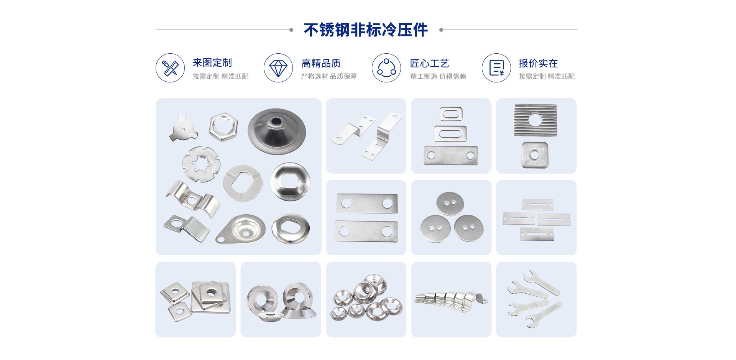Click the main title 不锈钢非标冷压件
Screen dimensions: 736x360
pyautogui.click(x=366, y=30)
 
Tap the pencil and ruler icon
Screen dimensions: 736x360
pyautogui.click(x=170, y=68)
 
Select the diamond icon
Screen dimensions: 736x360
pyautogui.click(x=278, y=68)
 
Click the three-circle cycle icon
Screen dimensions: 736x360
pyautogui.click(x=386, y=68)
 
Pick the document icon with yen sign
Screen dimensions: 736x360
pyautogui.click(x=496, y=68)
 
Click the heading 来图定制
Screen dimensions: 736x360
pyautogui.click(x=212, y=62)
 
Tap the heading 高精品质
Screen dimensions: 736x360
pyautogui.click(x=321, y=63)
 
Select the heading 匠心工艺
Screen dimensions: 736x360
pyautogui.click(x=429, y=63)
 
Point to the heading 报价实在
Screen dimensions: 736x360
pyautogui.click(x=538, y=63)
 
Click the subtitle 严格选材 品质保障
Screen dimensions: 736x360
pyautogui.click(x=329, y=76)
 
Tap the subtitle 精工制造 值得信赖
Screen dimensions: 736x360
pyautogui.click(x=438, y=76)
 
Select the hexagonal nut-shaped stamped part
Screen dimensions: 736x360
pyautogui.click(x=223, y=125)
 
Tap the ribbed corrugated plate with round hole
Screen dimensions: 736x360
pyautogui.click(x=535, y=119)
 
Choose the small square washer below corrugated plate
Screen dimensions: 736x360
pyautogui.click(x=535, y=155)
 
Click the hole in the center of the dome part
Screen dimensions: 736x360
pyautogui.click(x=276, y=122)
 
